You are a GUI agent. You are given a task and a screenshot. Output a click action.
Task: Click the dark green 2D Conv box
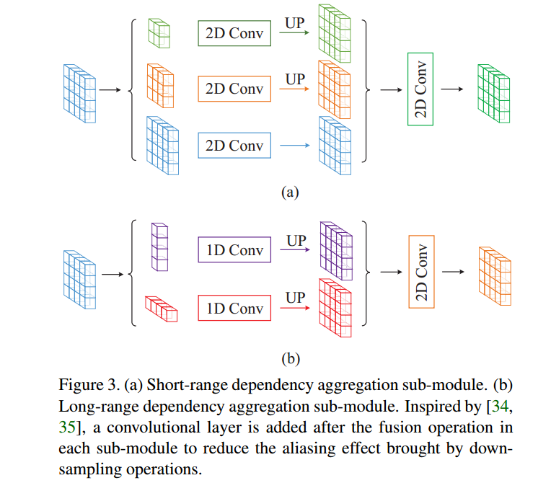[x=234, y=33]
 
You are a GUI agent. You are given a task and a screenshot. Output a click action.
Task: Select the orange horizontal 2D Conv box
[x=234, y=89]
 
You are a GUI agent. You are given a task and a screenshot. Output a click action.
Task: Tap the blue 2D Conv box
[x=234, y=146]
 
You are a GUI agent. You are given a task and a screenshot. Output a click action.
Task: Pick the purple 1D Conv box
[x=234, y=251]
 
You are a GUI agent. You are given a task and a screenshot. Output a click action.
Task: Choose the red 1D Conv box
[x=234, y=308]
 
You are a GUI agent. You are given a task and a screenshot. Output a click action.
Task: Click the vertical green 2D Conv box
[x=420, y=89]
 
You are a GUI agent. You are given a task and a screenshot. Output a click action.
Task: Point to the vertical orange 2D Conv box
[x=420, y=271]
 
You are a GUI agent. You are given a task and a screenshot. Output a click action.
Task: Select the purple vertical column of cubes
[x=159, y=247]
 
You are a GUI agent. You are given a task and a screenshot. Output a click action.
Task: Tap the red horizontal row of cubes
[x=161, y=309]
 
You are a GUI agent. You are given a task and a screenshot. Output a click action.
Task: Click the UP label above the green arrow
[x=296, y=23]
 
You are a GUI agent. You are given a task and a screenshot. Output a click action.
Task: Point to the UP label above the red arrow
[x=296, y=298]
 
